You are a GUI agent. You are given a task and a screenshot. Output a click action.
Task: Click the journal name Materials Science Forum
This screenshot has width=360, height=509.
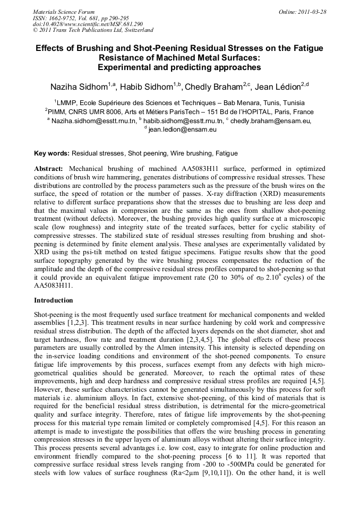point(64,11)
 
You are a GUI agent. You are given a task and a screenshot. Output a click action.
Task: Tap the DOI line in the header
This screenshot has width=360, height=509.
point(81,24)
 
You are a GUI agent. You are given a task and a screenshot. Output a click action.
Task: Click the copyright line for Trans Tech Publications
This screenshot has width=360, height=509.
point(93,30)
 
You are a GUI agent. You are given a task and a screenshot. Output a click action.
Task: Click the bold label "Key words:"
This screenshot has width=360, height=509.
point(52,153)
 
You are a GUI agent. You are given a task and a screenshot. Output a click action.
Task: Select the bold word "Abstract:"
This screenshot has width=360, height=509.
point(50,168)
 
